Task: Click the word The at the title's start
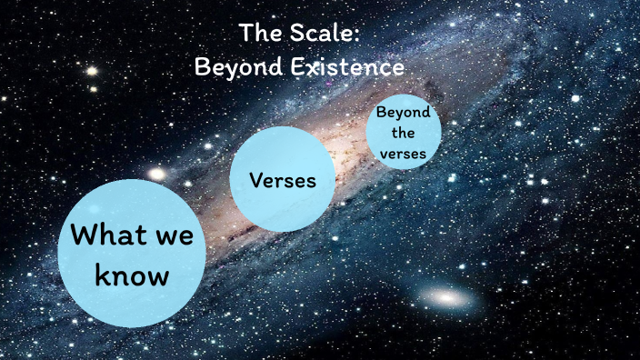(x=258, y=34)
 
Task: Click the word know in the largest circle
(x=133, y=275)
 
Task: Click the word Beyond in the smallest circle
(x=403, y=115)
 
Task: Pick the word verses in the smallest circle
(x=403, y=154)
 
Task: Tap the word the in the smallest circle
(x=403, y=135)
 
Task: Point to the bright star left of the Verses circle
(x=156, y=173)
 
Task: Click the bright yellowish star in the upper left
(x=92, y=70)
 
